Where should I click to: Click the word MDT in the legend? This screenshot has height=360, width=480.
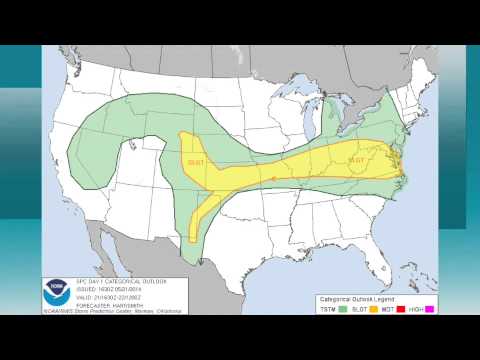click(x=391, y=307)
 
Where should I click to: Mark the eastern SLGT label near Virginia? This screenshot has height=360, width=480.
click(x=355, y=160)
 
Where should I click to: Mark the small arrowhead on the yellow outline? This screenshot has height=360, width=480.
click(x=273, y=181)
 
